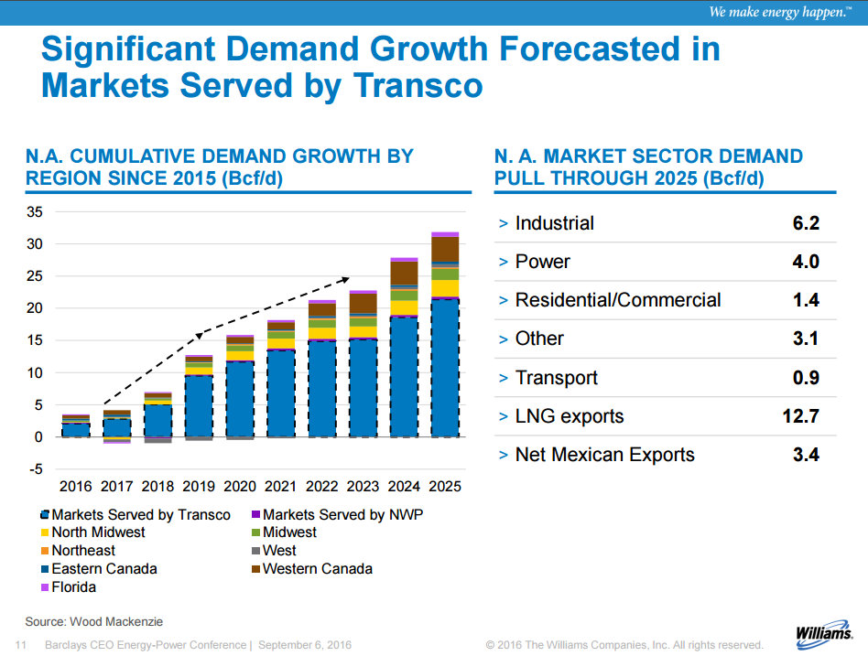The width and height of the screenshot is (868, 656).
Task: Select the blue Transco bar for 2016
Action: (75, 430)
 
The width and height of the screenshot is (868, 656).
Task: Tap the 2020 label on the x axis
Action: (240, 486)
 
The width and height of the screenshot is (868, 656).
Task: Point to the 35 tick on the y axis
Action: (36, 211)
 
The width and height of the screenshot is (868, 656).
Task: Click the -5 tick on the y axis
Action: (36, 469)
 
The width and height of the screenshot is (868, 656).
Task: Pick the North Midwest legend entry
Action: (92, 532)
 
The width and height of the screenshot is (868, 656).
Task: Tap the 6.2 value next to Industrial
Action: (806, 223)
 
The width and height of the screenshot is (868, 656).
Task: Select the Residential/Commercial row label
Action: (618, 300)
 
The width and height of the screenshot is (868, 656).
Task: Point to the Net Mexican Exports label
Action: (605, 455)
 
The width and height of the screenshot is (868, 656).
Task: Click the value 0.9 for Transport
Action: (806, 378)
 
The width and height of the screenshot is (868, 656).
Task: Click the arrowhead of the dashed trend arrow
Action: (346, 279)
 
